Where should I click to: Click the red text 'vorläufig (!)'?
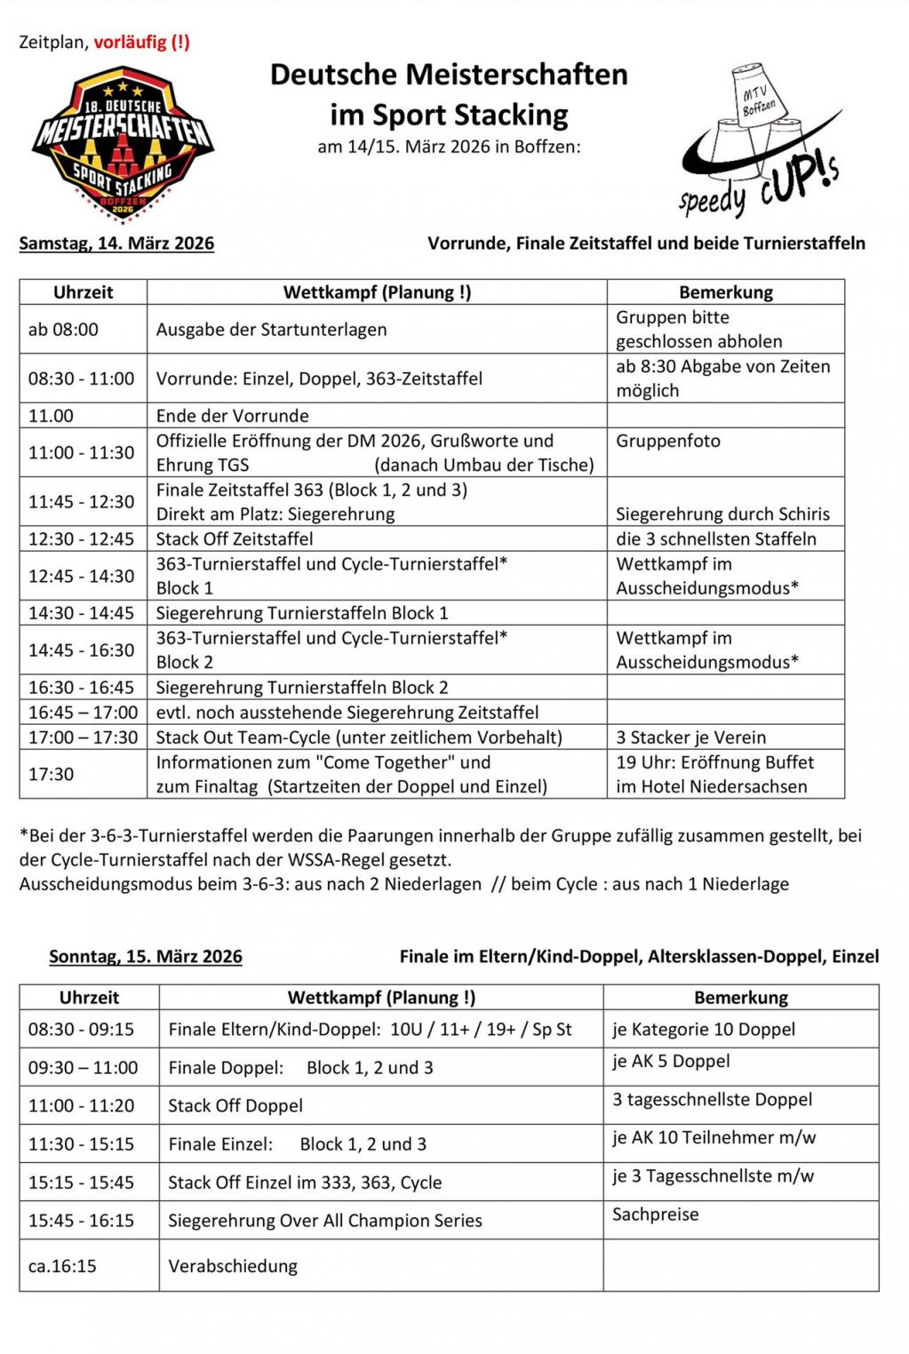click(141, 42)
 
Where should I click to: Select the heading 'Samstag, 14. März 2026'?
click(116, 243)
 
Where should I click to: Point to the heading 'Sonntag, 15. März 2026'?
click(146, 957)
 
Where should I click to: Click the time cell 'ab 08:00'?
click(63, 330)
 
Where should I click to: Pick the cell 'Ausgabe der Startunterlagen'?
click(271, 330)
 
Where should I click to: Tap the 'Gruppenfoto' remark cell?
click(668, 442)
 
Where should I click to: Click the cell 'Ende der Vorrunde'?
click(233, 416)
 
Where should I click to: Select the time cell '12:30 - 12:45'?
click(81, 539)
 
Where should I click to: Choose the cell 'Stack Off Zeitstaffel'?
click(235, 539)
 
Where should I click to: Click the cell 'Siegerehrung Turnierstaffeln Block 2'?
click(302, 688)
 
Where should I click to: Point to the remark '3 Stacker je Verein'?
click(690, 737)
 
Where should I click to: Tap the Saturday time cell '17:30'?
click(51, 775)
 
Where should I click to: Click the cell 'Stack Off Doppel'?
click(235, 1106)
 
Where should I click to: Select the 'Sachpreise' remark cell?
click(655, 1215)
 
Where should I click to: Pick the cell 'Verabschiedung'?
click(233, 1266)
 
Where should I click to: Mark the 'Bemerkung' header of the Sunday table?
click(740, 998)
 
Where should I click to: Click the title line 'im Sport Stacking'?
click(449, 115)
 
